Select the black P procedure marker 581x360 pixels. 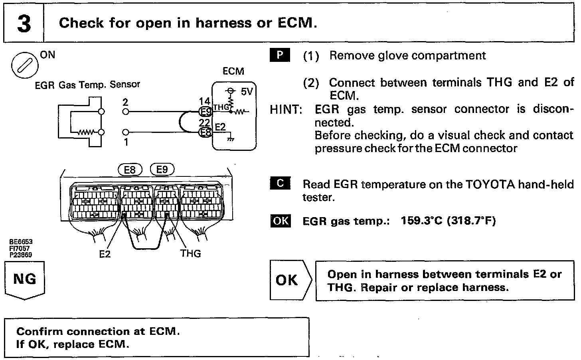[x=280, y=55]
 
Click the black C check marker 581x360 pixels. [x=280, y=183]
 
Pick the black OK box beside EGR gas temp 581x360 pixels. [x=281, y=221]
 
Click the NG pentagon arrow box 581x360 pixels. [x=25, y=280]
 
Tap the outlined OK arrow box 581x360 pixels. [x=289, y=280]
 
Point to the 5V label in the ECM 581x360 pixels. [x=246, y=92]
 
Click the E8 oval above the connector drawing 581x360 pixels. [x=130, y=170]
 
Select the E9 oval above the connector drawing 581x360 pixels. [x=162, y=170]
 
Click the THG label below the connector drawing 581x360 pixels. [x=190, y=253]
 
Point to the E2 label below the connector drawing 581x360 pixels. [x=105, y=254]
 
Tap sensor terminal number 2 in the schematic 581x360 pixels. [x=125, y=103]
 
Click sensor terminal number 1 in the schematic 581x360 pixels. [x=126, y=142]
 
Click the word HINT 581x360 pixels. [x=286, y=109]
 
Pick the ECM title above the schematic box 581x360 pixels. [x=233, y=71]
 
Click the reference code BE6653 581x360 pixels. [x=21, y=242]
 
